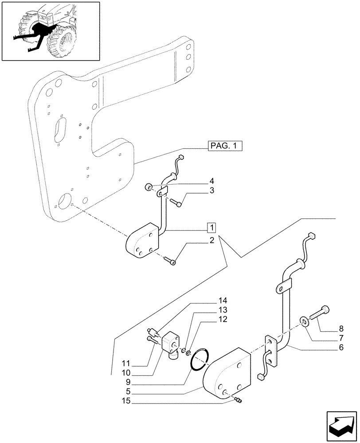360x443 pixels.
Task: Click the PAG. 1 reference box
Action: [225, 146]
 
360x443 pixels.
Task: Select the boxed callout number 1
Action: [211, 228]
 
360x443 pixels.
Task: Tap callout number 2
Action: [211, 240]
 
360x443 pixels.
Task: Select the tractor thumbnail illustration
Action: [51, 31]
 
